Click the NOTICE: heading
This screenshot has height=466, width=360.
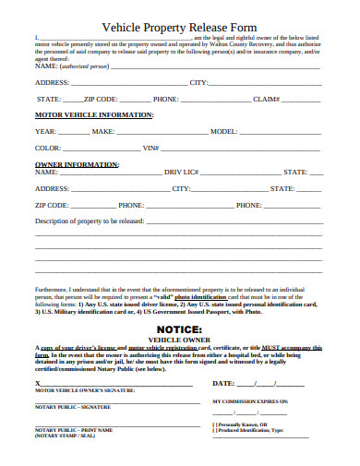click(179, 328)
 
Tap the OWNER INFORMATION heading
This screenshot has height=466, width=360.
click(73, 163)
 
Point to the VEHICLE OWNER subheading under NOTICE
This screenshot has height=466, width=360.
click(179, 339)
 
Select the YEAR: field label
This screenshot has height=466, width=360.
click(46, 132)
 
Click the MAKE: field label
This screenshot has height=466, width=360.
click(103, 132)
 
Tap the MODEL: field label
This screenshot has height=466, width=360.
click(224, 132)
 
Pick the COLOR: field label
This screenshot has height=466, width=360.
click(49, 148)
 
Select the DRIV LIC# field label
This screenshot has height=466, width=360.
click(181, 172)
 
